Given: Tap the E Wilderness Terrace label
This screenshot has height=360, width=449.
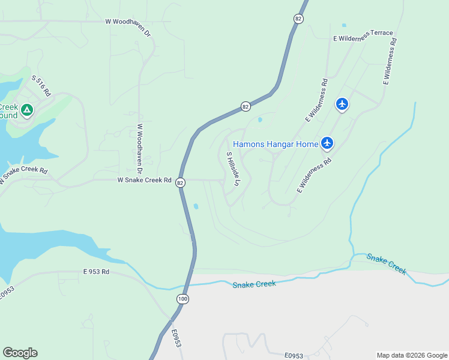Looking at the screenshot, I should tap(363, 35).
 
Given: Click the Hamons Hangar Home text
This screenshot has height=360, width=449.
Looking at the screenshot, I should tap(276, 144).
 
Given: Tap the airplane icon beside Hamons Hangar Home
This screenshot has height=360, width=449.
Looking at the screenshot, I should tap(327, 143).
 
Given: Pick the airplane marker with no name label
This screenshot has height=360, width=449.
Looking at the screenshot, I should tap(342, 104).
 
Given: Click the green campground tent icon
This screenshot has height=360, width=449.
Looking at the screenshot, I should tap(26, 110).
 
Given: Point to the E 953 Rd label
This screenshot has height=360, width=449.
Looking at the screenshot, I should tap(97, 272).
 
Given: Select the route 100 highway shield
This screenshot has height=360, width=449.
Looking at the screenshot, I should tap(182, 298).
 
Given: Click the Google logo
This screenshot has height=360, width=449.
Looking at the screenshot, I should tap(20, 353).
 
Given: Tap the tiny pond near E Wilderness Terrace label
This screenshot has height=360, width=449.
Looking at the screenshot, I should tap(344, 26).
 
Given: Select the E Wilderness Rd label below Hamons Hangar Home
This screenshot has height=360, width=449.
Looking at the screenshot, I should tap(315, 175).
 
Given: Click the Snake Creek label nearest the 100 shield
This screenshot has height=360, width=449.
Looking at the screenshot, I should tap(254, 283).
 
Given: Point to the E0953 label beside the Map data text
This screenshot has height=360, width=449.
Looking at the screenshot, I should tap(294, 356).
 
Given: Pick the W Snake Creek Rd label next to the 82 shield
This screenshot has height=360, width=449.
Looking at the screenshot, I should tap(144, 180).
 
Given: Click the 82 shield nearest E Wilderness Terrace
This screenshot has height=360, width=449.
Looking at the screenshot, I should tap(298, 19).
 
